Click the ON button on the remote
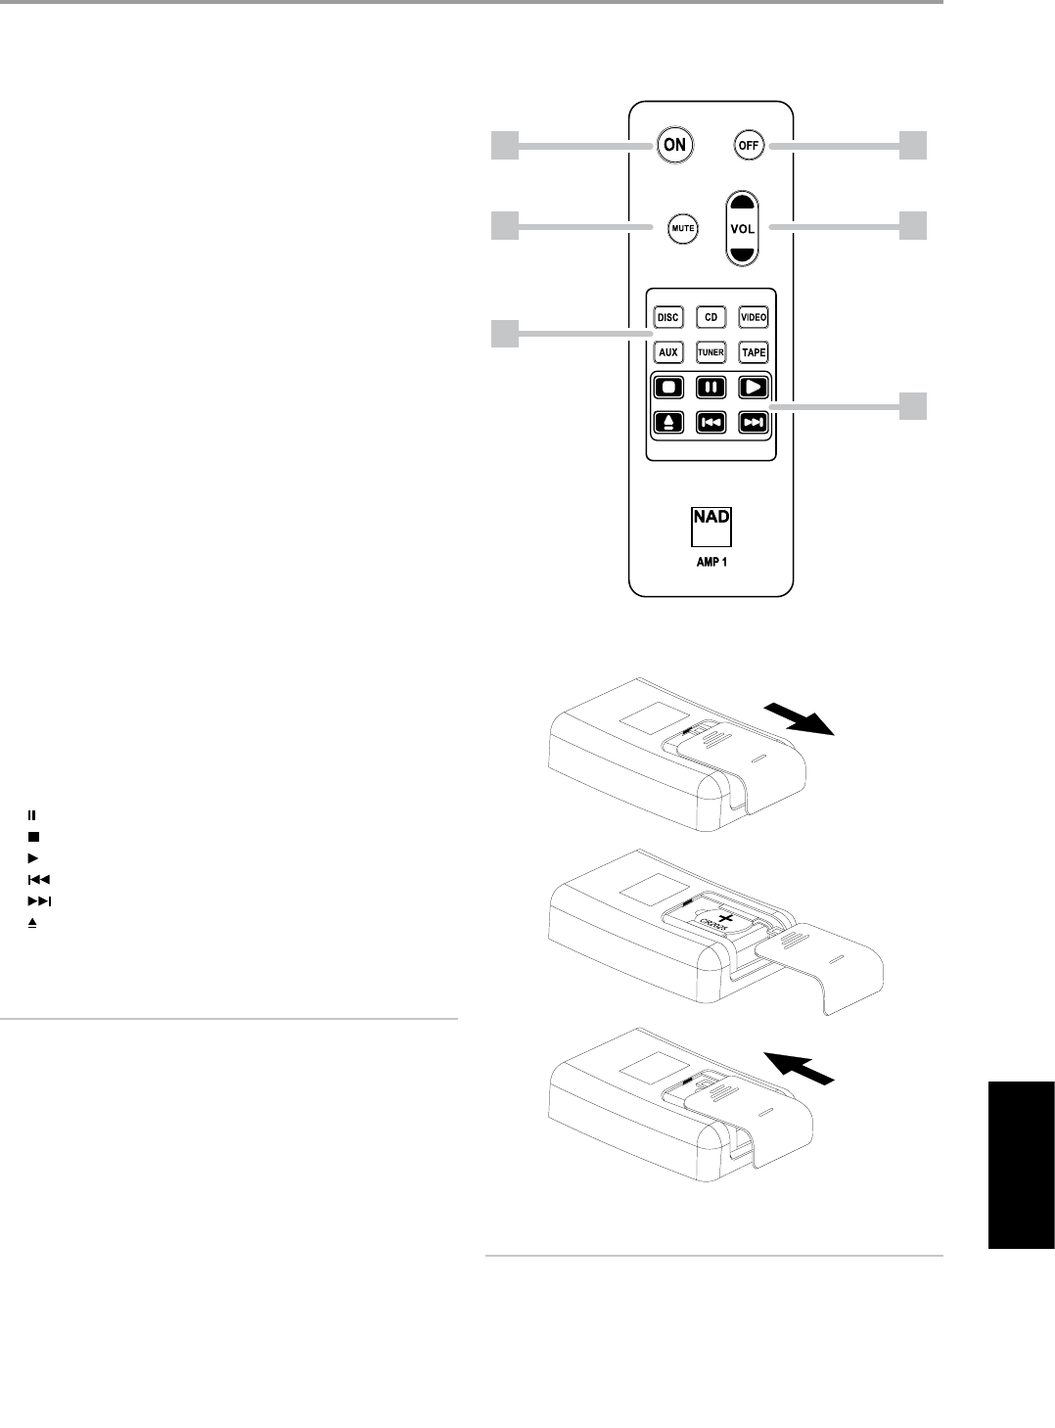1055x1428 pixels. (x=674, y=145)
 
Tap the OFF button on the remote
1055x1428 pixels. (x=748, y=146)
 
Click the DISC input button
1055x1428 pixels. (x=667, y=318)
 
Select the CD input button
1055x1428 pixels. (x=711, y=318)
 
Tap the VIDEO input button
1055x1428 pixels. (x=753, y=318)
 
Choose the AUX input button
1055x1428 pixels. (x=667, y=351)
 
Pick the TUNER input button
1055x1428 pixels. (x=711, y=351)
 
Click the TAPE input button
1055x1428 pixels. (x=753, y=351)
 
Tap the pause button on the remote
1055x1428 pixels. (x=711, y=387)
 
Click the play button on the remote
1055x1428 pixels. (x=753, y=387)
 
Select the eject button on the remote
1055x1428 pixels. (x=667, y=422)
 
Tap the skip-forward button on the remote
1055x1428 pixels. (x=753, y=422)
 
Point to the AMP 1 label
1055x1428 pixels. (x=711, y=563)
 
